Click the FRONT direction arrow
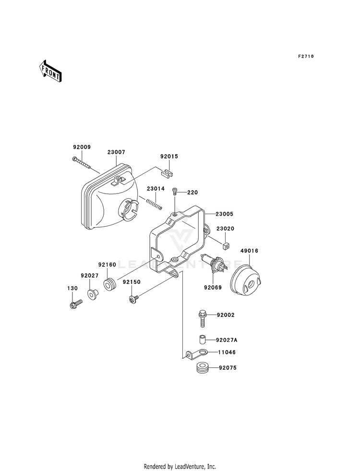(50, 71)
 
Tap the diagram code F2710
(306, 56)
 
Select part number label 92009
(82, 147)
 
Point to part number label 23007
(116, 152)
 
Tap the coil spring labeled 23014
(154, 203)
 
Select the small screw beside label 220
(175, 192)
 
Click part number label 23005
(224, 214)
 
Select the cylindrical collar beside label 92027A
(202, 340)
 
